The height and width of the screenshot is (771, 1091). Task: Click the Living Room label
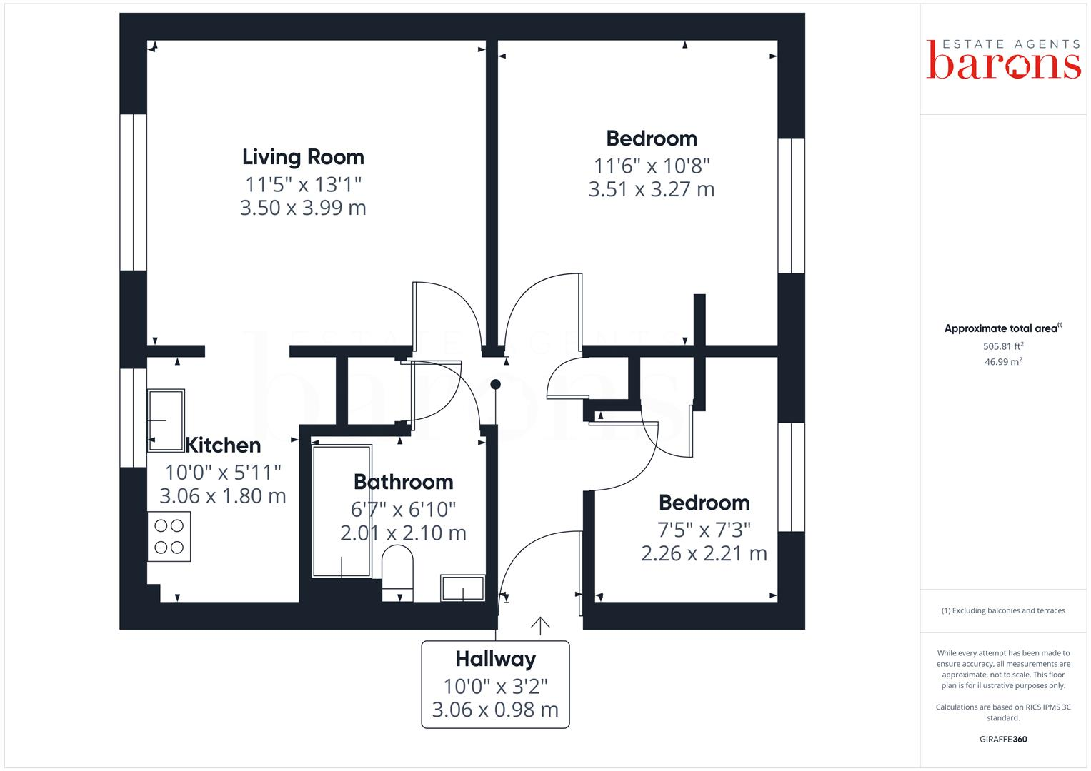tap(303, 157)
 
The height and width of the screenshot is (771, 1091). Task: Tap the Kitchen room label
tap(223, 445)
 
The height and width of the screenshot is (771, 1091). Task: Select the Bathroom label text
tap(404, 482)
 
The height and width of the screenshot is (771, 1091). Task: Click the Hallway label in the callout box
tap(495, 659)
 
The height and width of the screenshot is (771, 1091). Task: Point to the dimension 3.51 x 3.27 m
tap(651, 189)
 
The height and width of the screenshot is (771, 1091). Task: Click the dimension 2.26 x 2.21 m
tap(704, 553)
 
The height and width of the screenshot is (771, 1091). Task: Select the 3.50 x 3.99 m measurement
tap(303, 208)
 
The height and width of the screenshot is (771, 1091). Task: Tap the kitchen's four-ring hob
tap(169, 536)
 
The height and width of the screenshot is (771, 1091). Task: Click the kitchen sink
tap(166, 420)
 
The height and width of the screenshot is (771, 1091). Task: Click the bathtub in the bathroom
tap(342, 510)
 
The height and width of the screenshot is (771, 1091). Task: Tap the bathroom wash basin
tap(463, 588)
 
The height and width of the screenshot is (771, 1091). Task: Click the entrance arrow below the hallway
tap(540, 625)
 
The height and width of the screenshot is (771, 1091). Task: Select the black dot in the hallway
tap(495, 385)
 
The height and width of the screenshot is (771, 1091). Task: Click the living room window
tap(133, 192)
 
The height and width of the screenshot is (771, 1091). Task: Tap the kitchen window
tap(133, 418)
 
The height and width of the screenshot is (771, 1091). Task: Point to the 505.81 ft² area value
tap(1003, 346)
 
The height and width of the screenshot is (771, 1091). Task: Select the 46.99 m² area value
tap(1003, 362)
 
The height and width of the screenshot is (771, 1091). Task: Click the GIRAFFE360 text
tap(1003, 740)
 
